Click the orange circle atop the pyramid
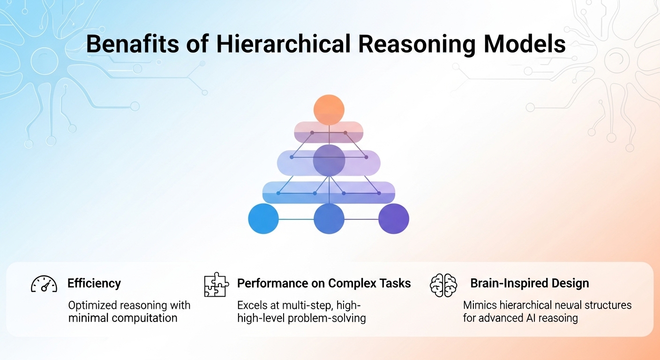click(x=329, y=110)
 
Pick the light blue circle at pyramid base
click(x=263, y=218)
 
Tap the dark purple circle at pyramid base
click(x=394, y=218)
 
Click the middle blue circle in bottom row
click(x=329, y=218)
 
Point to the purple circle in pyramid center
click(x=329, y=160)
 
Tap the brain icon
click(x=443, y=285)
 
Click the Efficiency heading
click(x=94, y=284)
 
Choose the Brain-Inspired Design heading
click(x=530, y=284)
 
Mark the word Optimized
click(x=92, y=305)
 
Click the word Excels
click(x=251, y=305)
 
